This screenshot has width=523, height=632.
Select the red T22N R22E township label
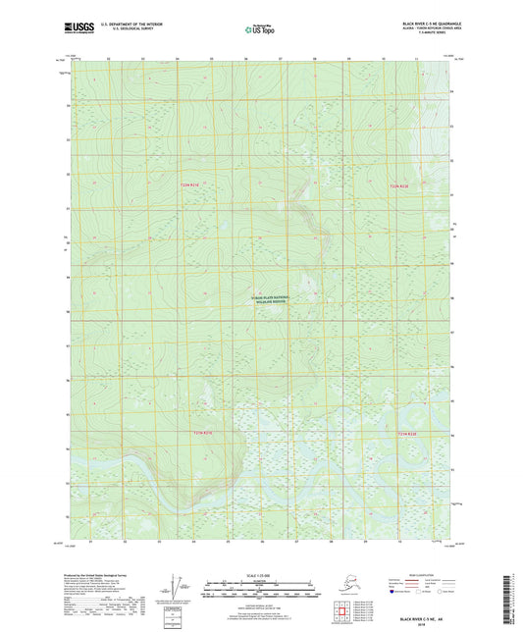click(x=395, y=184)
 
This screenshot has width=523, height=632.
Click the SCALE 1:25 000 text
click(x=261, y=575)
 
